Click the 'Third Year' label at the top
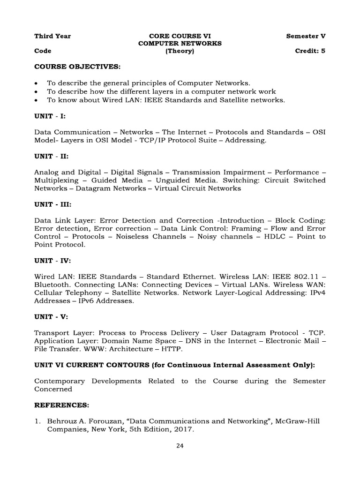pos(52,36)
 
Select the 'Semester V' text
pos(306,36)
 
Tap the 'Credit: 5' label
pos(310,51)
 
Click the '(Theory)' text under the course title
pos(179,51)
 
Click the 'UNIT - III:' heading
pos(52,205)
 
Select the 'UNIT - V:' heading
pos(51,317)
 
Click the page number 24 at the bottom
pos(180,446)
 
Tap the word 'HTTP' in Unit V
pos(171,349)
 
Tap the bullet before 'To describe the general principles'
pos(37,83)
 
